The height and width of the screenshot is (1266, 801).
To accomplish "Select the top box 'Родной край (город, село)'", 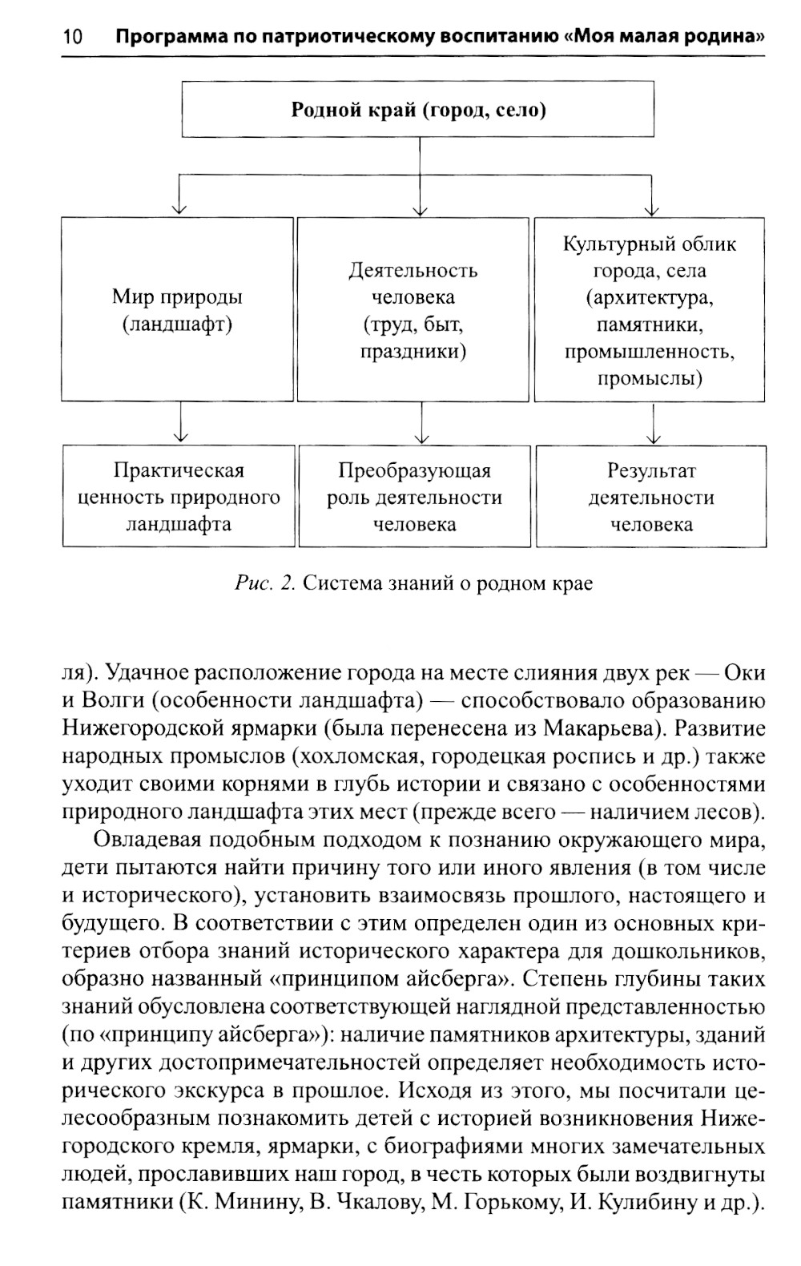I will (x=418, y=110).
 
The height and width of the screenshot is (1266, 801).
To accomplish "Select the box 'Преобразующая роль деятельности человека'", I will (x=414, y=497).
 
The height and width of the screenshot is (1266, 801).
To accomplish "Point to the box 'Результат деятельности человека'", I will (x=651, y=497).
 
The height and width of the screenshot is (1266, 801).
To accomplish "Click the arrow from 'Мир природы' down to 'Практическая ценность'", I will (x=181, y=423).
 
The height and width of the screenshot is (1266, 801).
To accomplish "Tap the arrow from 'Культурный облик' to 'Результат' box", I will (x=654, y=423).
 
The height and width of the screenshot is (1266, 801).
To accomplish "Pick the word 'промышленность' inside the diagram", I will (x=649, y=352).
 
